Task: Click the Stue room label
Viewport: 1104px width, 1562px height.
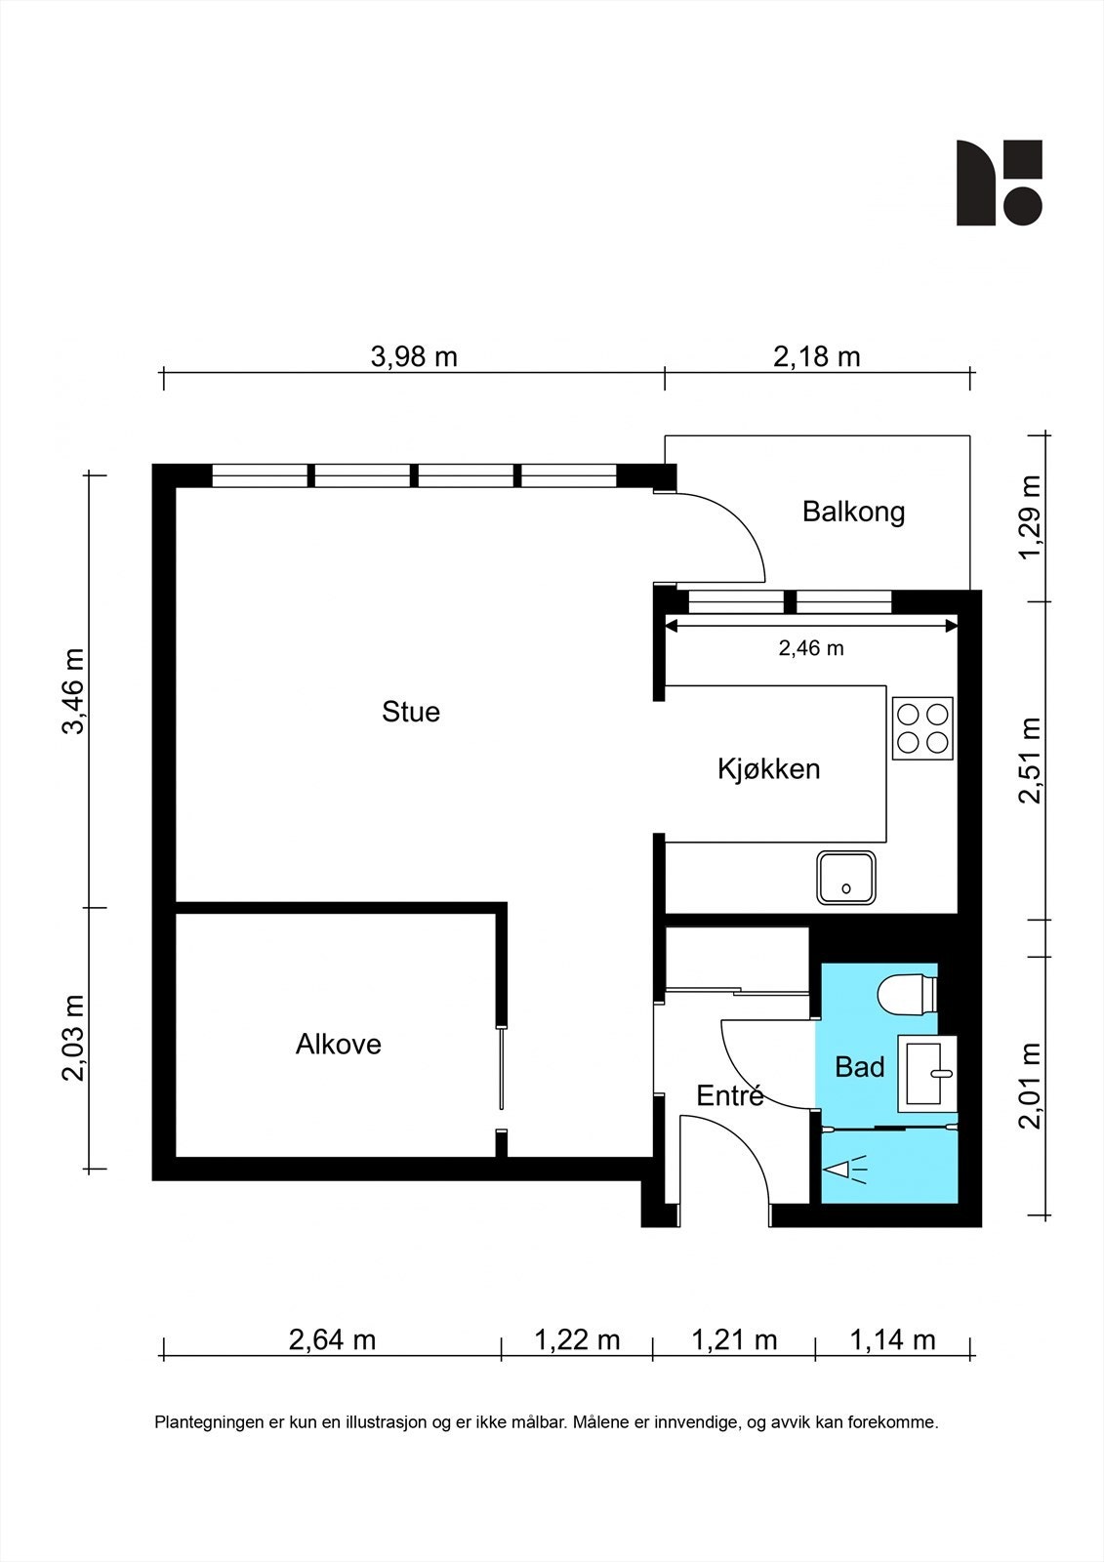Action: [411, 712]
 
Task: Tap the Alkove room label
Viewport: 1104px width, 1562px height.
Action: [339, 1044]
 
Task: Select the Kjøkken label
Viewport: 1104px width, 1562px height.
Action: [768, 769]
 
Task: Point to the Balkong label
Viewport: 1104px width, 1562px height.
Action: [854, 512]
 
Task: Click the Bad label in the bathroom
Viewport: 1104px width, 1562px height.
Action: [859, 1067]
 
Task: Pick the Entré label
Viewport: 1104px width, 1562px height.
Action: [730, 1095]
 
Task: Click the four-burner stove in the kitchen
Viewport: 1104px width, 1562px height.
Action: [922, 728]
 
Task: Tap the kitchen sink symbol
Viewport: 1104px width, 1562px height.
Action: [846, 878]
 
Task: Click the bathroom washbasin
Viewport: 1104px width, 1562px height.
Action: [927, 1073]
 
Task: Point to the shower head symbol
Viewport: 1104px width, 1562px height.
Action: [844, 1170]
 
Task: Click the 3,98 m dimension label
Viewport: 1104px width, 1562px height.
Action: [414, 357]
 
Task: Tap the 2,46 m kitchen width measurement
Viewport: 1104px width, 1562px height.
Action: [811, 648]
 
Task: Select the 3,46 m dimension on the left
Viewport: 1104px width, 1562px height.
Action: [74, 691]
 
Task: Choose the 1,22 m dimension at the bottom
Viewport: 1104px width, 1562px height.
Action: [577, 1339]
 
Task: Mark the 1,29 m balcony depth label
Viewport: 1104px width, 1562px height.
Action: [1030, 516]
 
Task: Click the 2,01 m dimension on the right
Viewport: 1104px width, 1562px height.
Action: [1030, 1086]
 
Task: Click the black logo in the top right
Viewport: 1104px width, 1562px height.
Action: [999, 183]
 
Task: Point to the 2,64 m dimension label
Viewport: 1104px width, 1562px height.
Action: [332, 1339]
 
